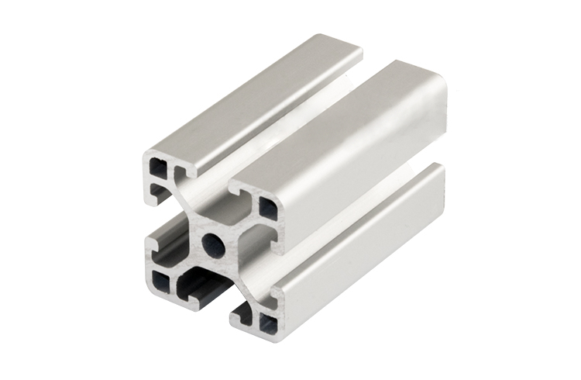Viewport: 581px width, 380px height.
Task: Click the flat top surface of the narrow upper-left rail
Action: pos(256,93)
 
